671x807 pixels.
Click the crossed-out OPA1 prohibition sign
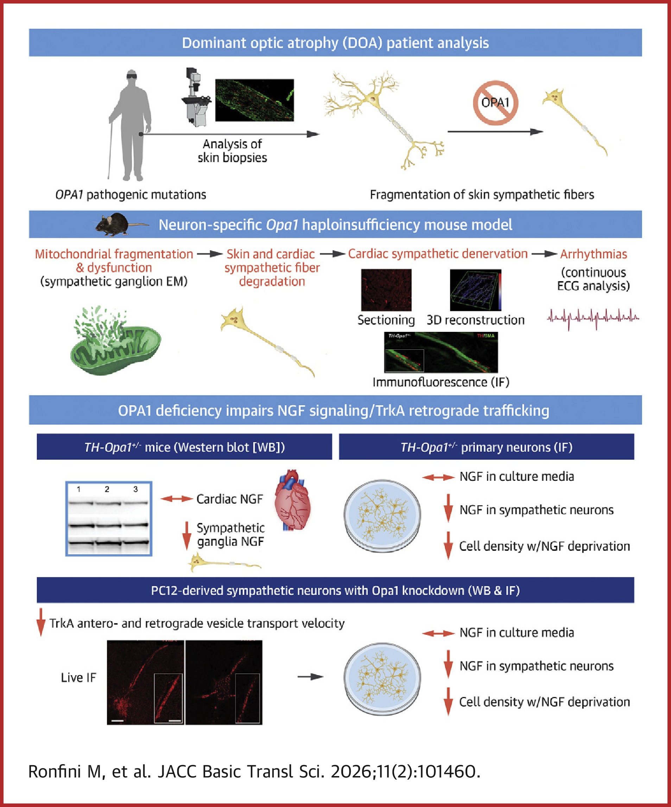tap(495, 103)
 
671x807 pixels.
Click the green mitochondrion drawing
tap(115, 342)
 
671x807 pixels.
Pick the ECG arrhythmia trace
tap(593, 318)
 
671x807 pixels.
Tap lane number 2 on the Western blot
tap(107, 489)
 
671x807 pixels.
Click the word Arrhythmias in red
tap(593, 254)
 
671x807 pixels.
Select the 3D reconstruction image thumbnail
tap(476, 290)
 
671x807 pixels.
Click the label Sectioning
tap(386, 320)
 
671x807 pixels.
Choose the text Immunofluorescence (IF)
tap(441, 382)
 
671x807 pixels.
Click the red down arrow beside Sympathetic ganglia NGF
tap(186, 535)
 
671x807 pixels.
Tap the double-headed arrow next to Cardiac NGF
tap(176, 499)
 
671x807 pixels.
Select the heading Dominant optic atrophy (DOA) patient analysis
tap(335, 43)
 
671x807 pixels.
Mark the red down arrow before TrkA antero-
tap(41, 622)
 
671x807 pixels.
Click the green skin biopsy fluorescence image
tap(254, 100)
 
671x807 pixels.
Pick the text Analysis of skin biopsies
tap(232, 151)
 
